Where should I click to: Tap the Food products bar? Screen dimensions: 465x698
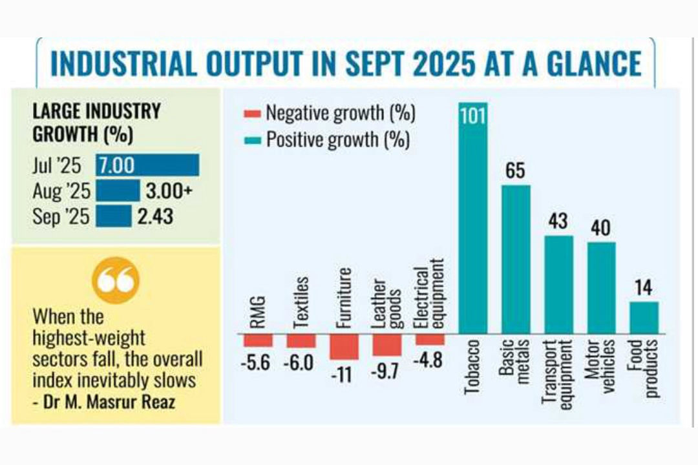coord(644,317)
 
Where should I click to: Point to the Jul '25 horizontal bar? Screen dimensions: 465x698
coord(147,165)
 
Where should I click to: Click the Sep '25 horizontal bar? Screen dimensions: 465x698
coord(113,216)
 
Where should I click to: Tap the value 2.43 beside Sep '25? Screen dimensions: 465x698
coord(155,216)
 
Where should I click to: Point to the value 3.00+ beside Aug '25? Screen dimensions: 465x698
coord(167,191)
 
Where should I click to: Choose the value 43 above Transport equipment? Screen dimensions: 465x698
coord(558,221)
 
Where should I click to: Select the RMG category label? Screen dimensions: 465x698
coord(257,313)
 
